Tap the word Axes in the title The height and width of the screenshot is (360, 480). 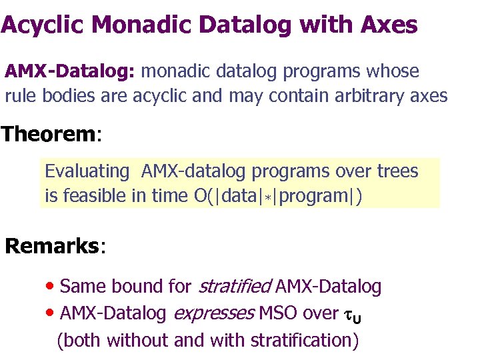388,25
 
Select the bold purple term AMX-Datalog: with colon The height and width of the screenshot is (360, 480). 70,71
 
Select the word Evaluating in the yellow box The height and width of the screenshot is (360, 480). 87,171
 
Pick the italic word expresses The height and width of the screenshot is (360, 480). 213,313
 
